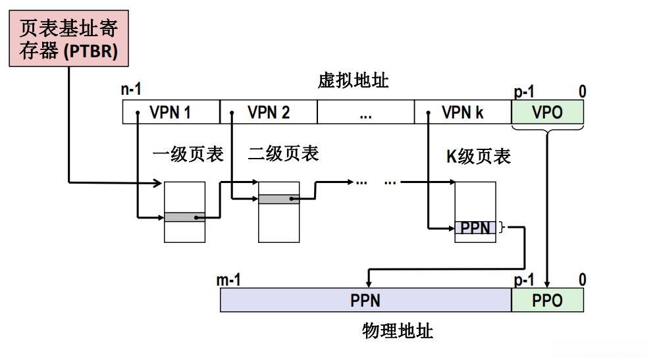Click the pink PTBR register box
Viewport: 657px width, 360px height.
pos(68,39)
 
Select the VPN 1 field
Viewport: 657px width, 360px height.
pos(171,113)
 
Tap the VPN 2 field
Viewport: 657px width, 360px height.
pos(269,113)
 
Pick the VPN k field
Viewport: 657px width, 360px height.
pos(463,113)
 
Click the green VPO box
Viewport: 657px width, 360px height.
pos(547,113)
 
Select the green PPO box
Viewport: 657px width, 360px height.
pos(547,301)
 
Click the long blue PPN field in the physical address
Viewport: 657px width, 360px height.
pos(365,301)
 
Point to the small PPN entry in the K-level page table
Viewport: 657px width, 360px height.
pos(475,228)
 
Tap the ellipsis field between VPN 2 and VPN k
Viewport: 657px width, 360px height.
pos(365,113)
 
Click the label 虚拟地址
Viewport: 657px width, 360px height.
pos(354,81)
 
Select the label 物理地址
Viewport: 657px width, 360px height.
pos(398,330)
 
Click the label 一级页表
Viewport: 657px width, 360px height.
pos(188,154)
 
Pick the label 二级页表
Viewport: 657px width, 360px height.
pos(284,153)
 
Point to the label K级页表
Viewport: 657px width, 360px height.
pos(479,156)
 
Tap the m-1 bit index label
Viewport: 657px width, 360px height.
pos(228,280)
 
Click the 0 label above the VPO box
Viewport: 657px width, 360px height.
pos(582,92)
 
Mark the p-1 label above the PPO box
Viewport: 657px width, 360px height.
pos(524,280)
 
